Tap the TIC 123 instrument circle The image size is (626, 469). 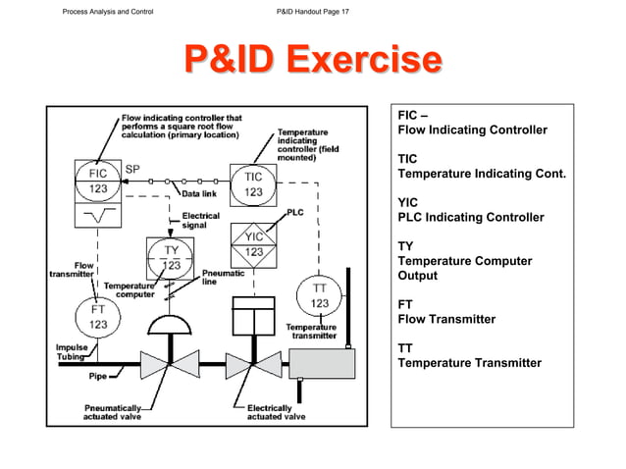[253, 183]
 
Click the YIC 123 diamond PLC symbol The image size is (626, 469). [253, 243]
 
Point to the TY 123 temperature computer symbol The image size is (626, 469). [170, 257]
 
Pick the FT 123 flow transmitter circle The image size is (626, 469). [99, 315]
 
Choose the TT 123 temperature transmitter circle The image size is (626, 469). [320, 296]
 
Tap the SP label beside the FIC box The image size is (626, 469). [133, 169]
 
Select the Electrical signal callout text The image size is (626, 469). [201, 220]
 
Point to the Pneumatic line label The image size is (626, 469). [223, 278]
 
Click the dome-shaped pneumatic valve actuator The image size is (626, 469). [170, 324]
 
